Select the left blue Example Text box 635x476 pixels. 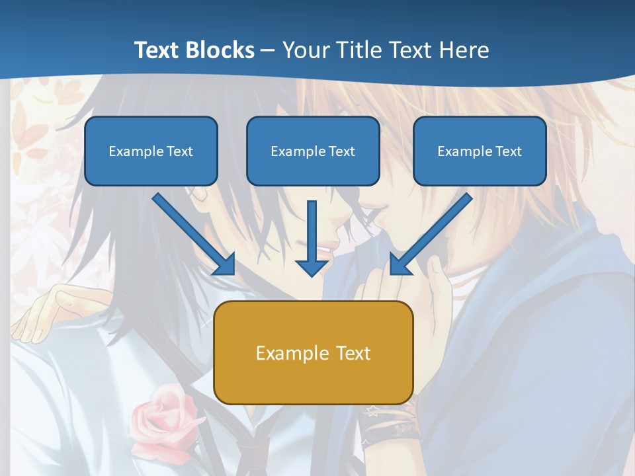click(x=151, y=151)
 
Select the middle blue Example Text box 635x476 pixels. click(x=313, y=151)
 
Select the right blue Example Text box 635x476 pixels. click(x=480, y=151)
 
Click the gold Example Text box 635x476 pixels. click(x=314, y=353)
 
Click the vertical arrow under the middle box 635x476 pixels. click(x=312, y=238)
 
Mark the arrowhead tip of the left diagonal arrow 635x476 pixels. click(x=233, y=272)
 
